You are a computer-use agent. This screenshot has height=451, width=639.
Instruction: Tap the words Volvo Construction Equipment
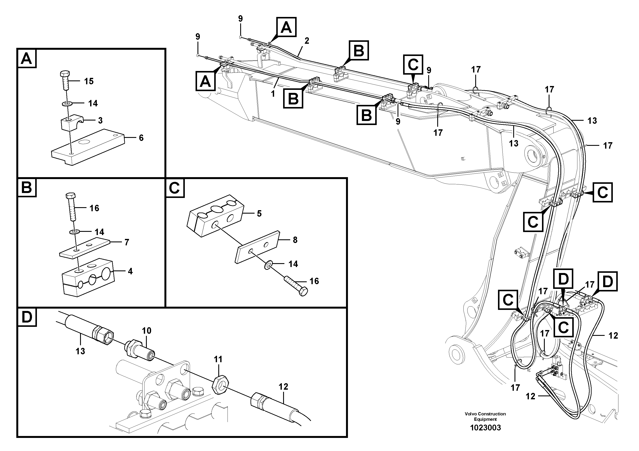[485, 416]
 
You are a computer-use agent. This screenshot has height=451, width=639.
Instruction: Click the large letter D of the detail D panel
[27, 317]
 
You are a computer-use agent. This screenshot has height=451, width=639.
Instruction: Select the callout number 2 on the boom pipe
[307, 41]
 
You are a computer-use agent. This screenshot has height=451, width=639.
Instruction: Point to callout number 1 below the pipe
[273, 94]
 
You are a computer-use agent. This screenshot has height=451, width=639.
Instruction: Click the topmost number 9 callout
[240, 19]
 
